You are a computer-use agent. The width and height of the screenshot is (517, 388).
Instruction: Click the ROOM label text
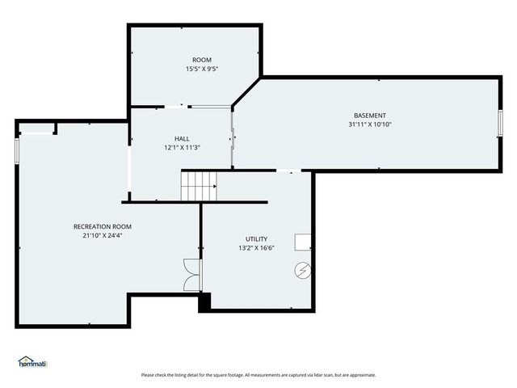[x=201, y=60]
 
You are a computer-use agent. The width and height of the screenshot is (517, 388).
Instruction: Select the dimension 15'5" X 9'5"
[x=201, y=69]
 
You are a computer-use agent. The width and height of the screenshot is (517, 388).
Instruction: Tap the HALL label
[x=182, y=139]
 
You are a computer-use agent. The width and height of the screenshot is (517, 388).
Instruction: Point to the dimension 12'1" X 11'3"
[x=182, y=148]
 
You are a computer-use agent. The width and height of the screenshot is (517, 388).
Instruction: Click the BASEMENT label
[x=369, y=116]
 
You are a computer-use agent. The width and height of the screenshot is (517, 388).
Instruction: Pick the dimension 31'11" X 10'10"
[x=369, y=124]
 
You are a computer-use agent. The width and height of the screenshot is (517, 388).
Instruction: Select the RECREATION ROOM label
[x=102, y=226]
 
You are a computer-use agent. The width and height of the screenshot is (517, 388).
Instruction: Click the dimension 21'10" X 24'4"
[x=102, y=236]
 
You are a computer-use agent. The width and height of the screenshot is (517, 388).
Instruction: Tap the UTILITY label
[x=256, y=239]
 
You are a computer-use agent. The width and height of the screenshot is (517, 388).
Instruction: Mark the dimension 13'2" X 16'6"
[x=256, y=248]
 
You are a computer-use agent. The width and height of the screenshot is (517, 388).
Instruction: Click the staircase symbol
[x=198, y=186]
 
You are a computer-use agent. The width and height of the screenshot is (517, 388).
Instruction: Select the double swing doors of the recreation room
[x=191, y=275]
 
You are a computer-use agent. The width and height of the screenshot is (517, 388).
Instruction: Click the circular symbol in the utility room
[x=303, y=270]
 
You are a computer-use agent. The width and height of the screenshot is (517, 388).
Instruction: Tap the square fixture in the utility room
[x=303, y=242]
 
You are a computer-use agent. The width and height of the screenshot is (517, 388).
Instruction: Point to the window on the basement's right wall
[x=500, y=123]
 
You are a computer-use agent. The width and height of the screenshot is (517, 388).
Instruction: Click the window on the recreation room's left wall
[x=17, y=150]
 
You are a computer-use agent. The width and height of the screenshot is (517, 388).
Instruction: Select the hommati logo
[x=32, y=362]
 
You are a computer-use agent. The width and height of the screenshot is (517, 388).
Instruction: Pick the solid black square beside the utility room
[x=204, y=301]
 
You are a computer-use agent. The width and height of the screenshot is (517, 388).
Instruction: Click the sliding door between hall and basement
[x=233, y=137]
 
